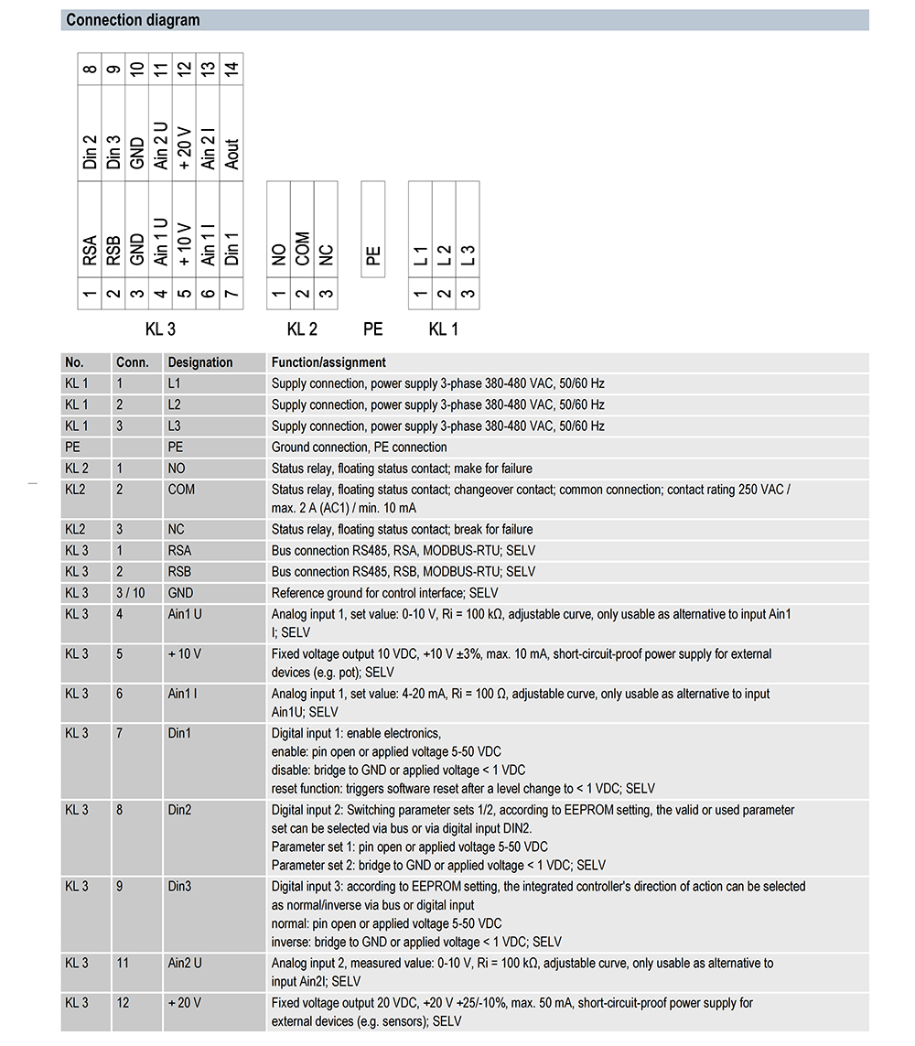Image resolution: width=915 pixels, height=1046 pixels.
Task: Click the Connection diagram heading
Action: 133,20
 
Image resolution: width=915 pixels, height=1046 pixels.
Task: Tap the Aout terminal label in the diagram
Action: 232,153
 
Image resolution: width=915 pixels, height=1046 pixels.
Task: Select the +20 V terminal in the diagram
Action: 185,146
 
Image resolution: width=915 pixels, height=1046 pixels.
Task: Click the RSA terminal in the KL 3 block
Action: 90,251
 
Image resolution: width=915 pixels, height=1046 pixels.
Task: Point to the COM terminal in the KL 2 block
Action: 302,249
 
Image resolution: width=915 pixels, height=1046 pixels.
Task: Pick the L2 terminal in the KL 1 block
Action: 444,255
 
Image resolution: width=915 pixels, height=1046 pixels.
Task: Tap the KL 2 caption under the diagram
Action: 302,329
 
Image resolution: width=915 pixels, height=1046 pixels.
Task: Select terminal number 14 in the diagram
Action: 232,69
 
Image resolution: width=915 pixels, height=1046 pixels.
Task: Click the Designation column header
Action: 200,362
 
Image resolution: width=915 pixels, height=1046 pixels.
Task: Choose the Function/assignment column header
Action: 328,362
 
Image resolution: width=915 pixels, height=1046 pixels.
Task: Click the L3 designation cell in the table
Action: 175,426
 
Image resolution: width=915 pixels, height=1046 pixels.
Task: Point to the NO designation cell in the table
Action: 177,469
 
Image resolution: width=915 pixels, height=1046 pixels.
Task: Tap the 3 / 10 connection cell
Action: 131,593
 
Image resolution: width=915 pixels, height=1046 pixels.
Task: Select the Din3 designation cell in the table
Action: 179,887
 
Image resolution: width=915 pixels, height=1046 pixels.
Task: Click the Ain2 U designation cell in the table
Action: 185,964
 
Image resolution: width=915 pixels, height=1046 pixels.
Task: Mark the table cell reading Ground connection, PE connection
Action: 359,448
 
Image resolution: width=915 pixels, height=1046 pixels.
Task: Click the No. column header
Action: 74,362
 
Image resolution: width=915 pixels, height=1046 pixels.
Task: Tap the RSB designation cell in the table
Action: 180,572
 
